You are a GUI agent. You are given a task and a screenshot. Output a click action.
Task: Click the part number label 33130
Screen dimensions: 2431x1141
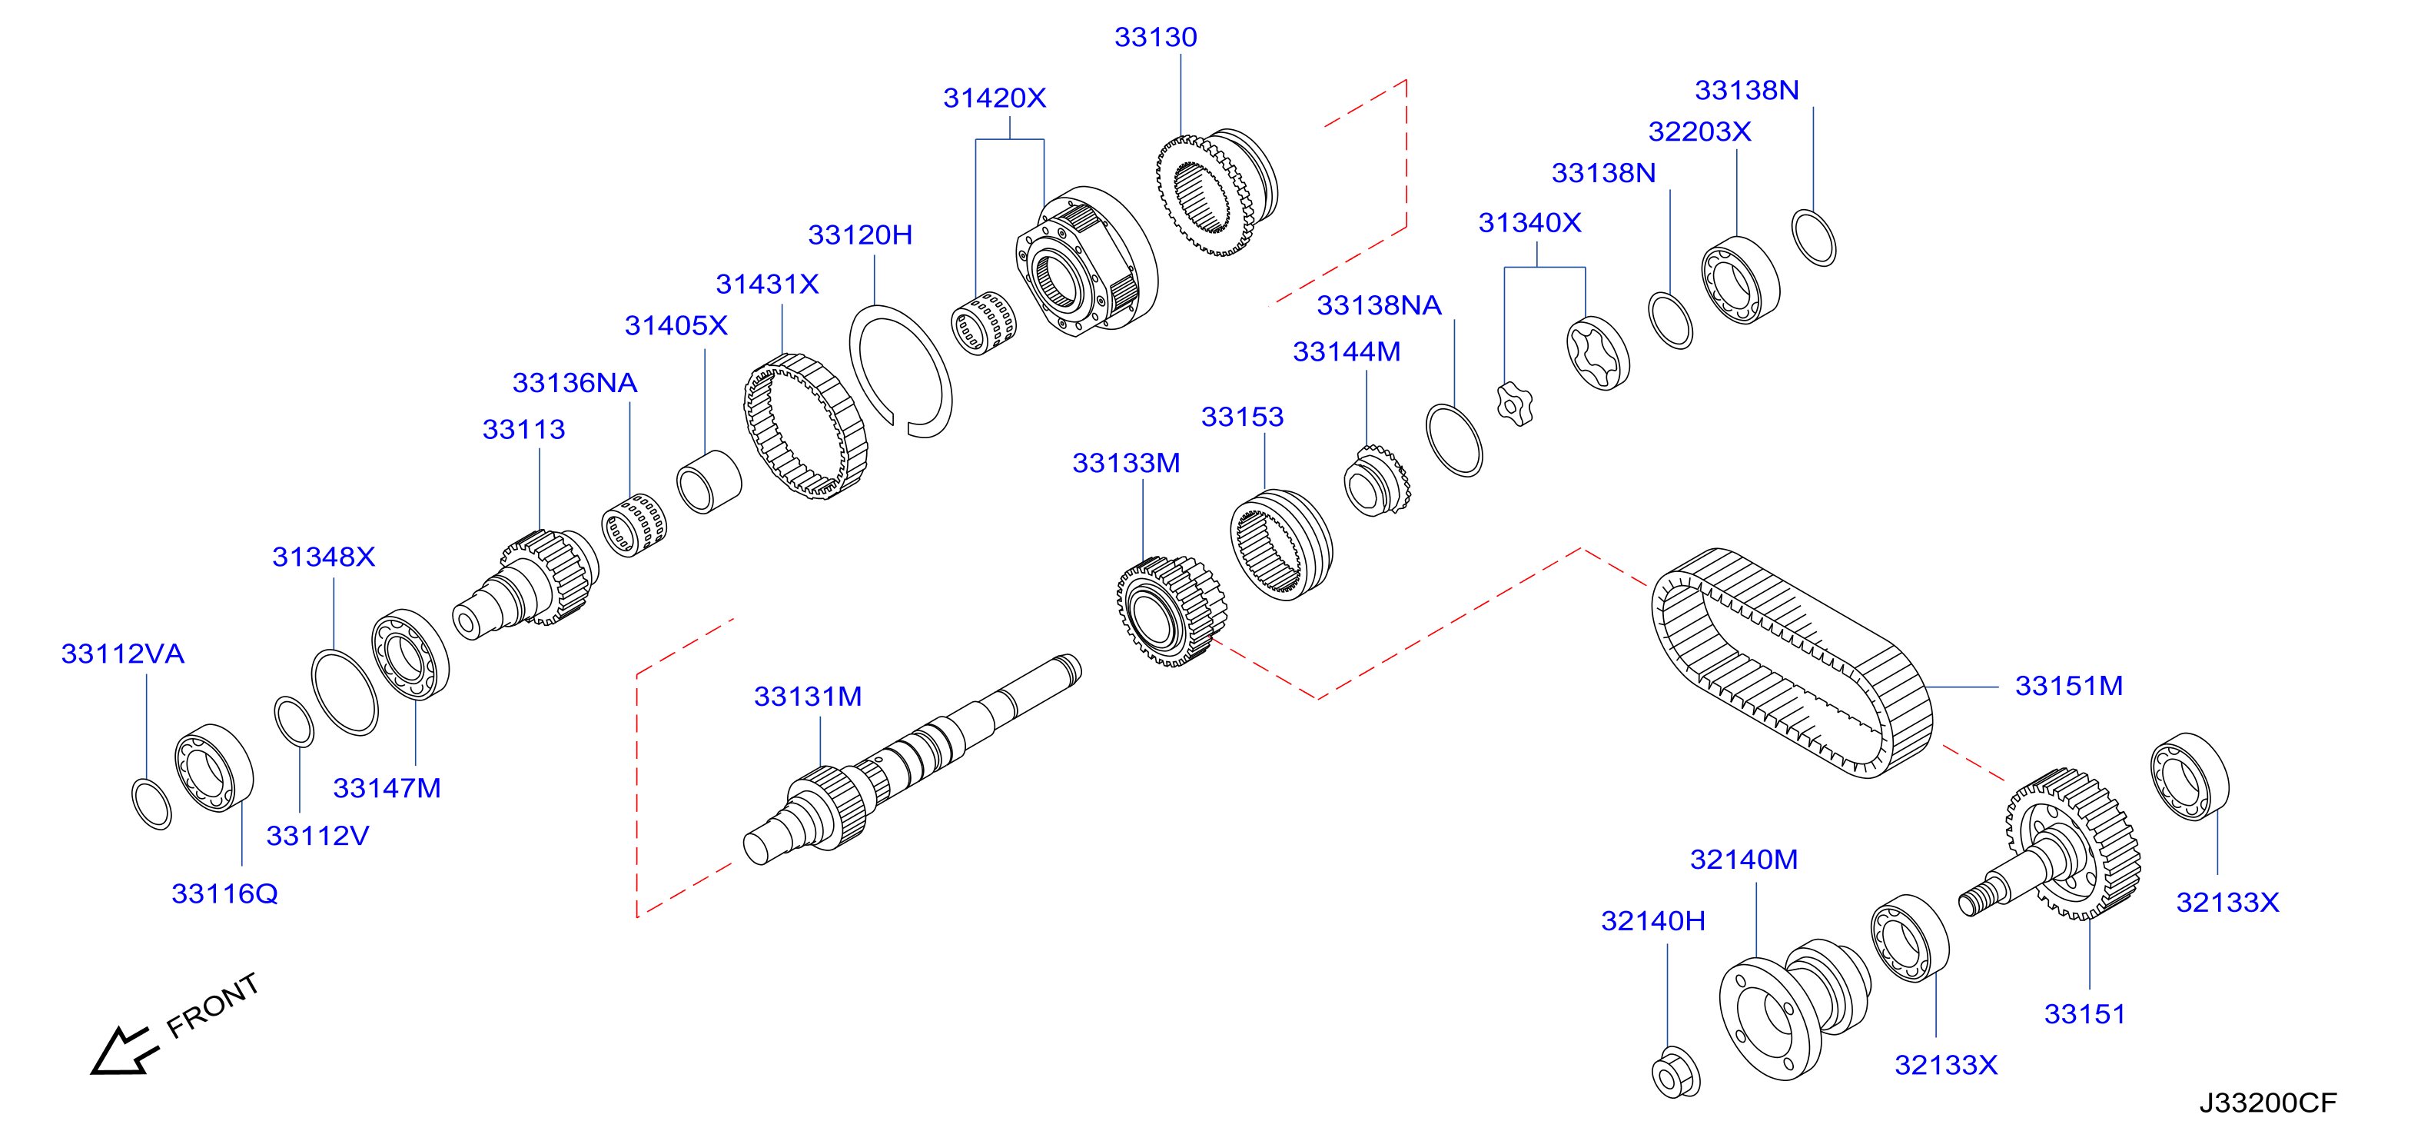[1155, 38]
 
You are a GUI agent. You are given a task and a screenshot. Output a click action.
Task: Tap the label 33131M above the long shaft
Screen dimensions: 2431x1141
[808, 697]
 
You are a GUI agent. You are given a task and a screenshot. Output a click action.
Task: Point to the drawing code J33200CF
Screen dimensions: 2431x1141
[2268, 1103]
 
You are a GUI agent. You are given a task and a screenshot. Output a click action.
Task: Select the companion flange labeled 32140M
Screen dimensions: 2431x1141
[1793, 1008]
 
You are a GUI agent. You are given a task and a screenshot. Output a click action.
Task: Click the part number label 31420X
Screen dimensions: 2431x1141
[995, 98]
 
